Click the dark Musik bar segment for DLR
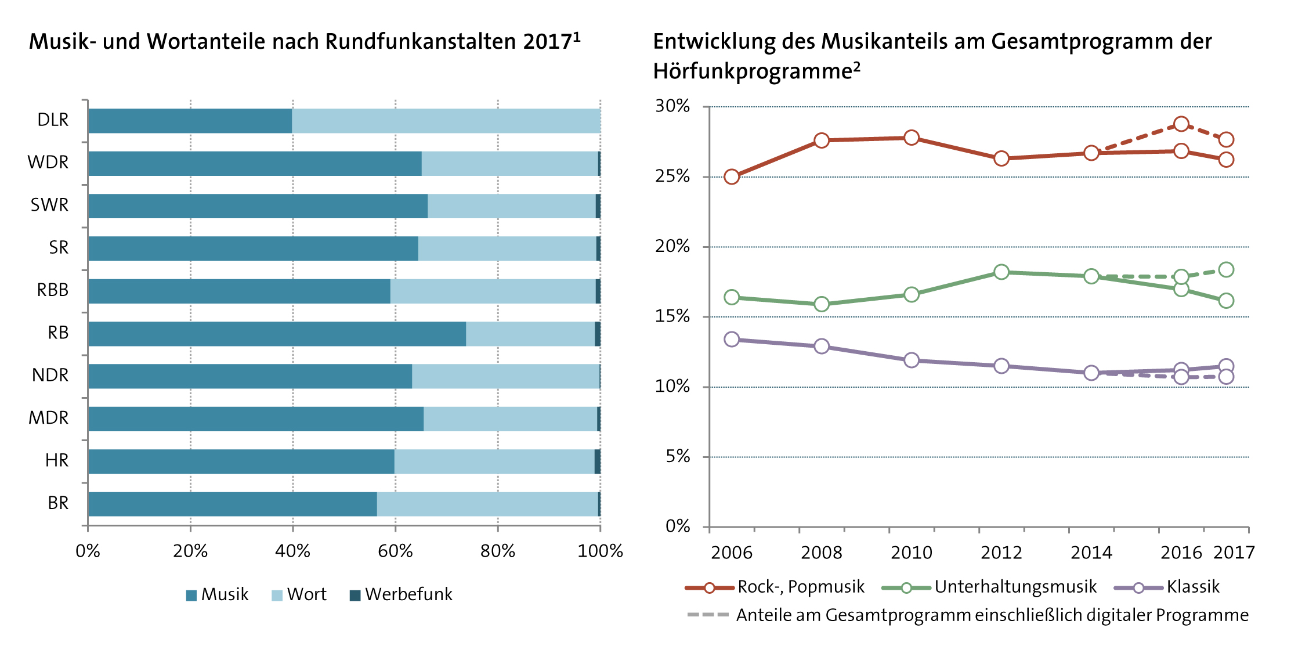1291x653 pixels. pos(190,121)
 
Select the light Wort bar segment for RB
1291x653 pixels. pos(530,334)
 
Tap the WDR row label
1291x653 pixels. pos(48,163)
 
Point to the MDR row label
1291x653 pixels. pos(49,418)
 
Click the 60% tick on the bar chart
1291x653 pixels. pos(395,551)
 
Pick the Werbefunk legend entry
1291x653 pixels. pos(401,595)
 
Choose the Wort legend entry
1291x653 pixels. pos(299,595)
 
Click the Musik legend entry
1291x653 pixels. pos(218,595)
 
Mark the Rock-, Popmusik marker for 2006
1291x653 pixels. pos(732,176)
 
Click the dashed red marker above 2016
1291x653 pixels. pos(1181,124)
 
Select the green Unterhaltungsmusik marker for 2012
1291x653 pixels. pos(1001,272)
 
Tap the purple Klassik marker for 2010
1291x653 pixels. pos(912,360)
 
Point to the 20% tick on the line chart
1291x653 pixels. pos(672,247)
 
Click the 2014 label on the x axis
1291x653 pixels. pos(1091,553)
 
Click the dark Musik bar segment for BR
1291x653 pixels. pos(232,504)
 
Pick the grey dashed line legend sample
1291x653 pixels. pos(707,615)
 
